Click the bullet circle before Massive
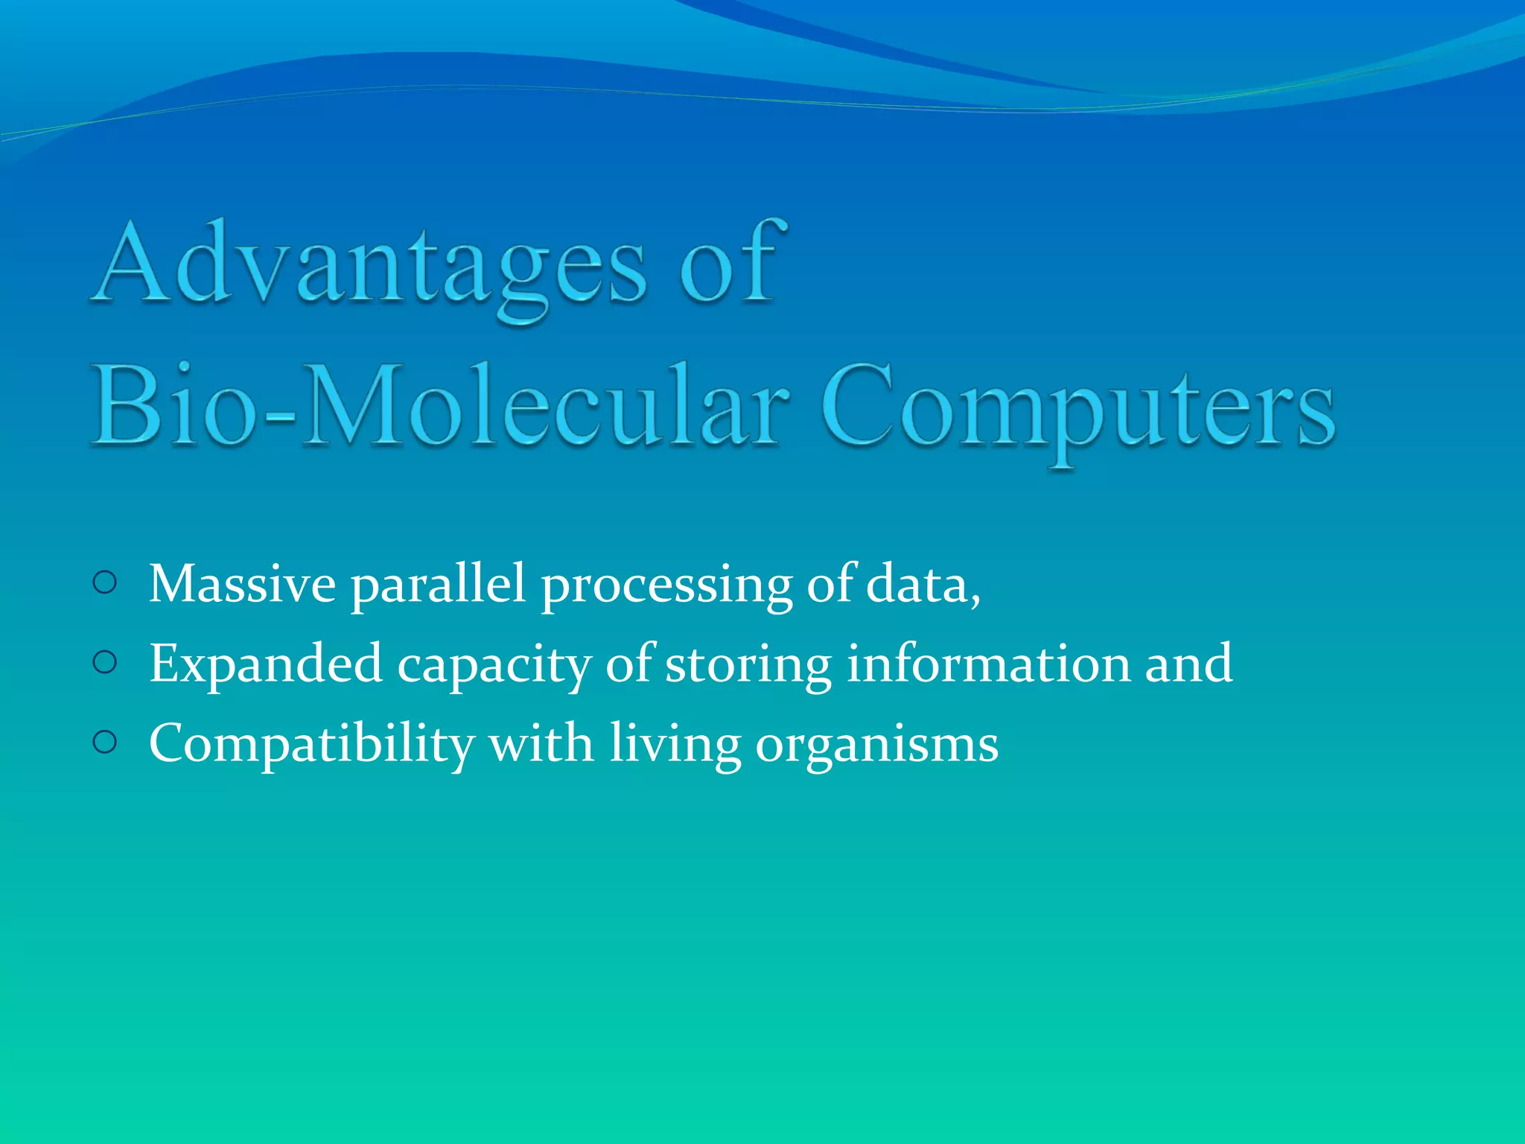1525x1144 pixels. (x=106, y=583)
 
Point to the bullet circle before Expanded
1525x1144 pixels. (x=106, y=662)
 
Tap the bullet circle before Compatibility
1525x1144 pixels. (x=106, y=742)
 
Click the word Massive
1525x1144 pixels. (x=242, y=583)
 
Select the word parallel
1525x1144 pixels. (x=438, y=583)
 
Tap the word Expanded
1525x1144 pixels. (x=266, y=664)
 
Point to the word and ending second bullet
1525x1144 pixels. (x=1188, y=662)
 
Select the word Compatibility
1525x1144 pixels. (x=311, y=743)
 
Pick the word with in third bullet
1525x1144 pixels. (x=541, y=742)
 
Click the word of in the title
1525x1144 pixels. (x=730, y=264)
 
